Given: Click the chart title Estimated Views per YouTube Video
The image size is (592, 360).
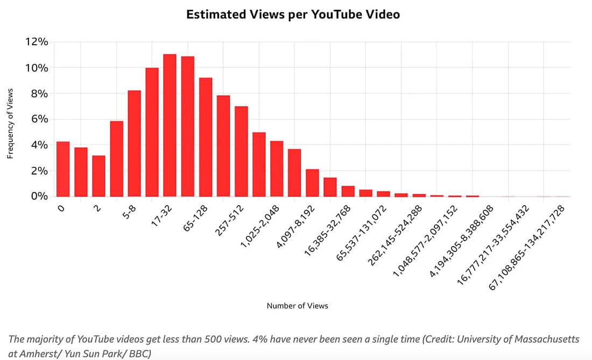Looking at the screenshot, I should (293, 15).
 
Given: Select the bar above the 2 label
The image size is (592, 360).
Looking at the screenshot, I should (98, 176).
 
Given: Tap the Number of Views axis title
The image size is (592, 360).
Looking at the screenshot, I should (297, 306).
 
